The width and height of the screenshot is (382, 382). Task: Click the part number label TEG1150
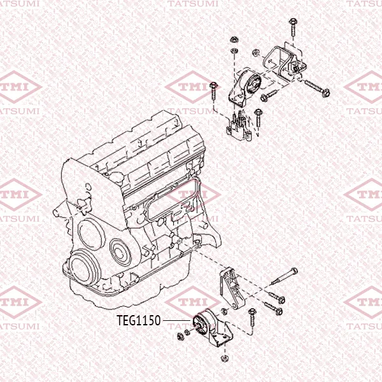click(139, 320)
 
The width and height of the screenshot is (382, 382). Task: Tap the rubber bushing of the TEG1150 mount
click(201, 323)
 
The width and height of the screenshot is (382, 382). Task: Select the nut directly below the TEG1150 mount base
click(224, 358)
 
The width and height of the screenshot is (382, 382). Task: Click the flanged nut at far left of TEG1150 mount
click(181, 336)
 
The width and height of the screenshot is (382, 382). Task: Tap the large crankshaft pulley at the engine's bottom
click(84, 267)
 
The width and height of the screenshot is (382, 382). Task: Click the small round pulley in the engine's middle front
click(121, 252)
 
